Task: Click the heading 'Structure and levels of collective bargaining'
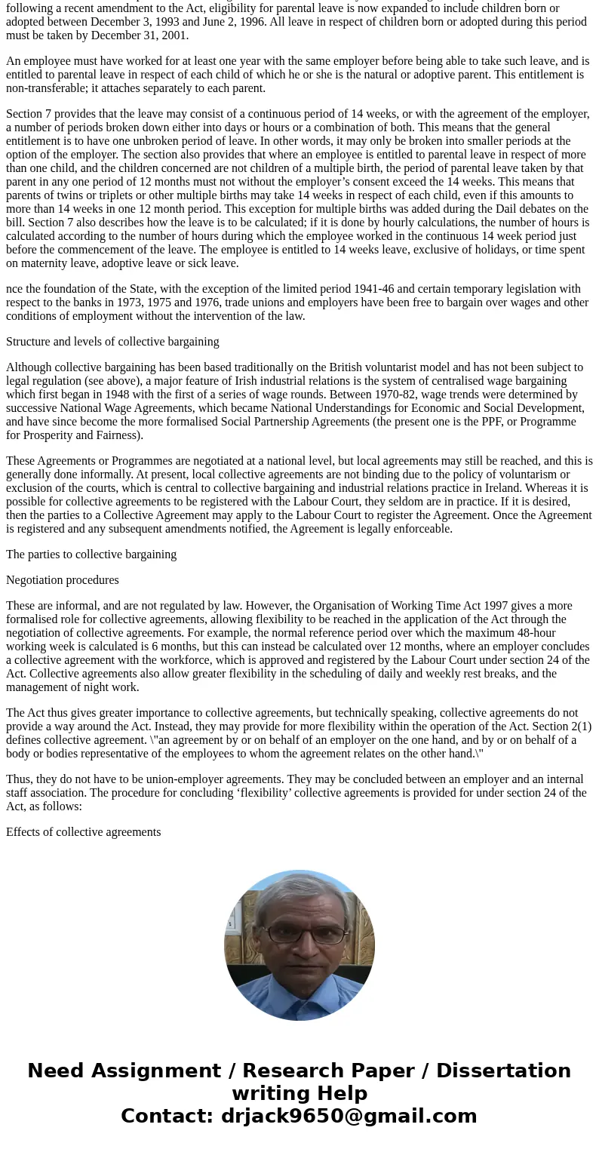(112, 342)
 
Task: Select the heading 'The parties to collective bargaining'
(91, 555)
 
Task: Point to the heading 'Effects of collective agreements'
(84, 832)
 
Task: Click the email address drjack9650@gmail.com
(349, 1116)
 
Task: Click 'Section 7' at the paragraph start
(29, 114)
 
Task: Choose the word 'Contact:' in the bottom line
(167, 1116)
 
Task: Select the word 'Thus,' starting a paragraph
(20, 779)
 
